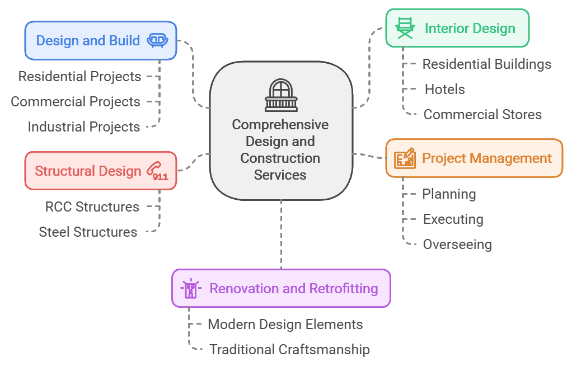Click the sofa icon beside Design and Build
[158, 40]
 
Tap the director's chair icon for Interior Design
[405, 28]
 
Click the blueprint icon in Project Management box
[405, 158]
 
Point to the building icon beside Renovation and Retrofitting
[191, 289]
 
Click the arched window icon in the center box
[280, 96]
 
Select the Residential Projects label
[79, 77]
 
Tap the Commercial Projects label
[76, 102]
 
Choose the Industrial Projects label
[84, 127]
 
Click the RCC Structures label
[92, 207]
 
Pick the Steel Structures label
[88, 232]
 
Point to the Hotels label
[445, 90]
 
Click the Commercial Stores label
[482, 115]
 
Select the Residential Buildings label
[487, 64]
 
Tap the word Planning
[449, 194]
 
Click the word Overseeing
[457, 245]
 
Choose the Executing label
[453, 219]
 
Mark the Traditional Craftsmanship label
[289, 350]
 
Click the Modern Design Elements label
[285, 325]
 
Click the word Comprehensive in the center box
[280, 124]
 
